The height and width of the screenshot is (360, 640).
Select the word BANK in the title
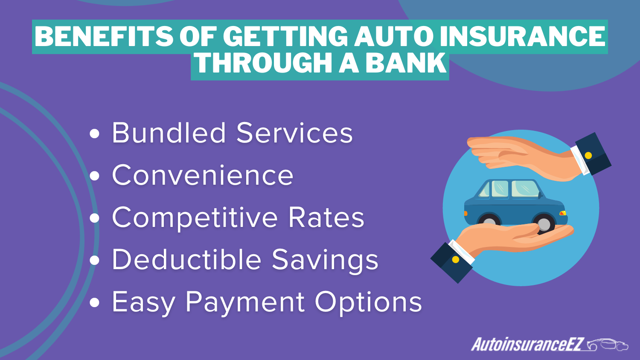tap(405, 64)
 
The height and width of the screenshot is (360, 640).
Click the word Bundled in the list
tap(169, 133)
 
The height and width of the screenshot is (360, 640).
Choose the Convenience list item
tap(203, 175)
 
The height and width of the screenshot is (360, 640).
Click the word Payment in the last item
tap(245, 302)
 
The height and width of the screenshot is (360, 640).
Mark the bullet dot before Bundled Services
tap(95, 134)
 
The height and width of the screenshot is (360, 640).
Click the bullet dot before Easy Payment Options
tap(95, 303)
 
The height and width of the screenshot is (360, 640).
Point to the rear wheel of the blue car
tap(489, 222)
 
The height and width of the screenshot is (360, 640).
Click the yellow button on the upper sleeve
tap(588, 156)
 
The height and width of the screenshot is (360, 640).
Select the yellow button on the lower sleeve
tap(456, 259)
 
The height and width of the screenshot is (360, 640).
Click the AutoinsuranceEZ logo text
tap(527, 344)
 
